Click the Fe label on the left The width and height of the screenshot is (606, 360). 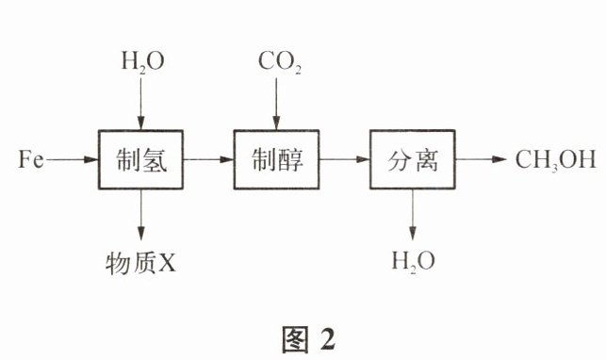point(31,159)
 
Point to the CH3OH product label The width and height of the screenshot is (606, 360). point(556,159)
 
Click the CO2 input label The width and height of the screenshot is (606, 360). point(279,62)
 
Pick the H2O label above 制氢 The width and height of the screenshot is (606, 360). point(142,62)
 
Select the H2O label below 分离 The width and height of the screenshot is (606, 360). point(413,261)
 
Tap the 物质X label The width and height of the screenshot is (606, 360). point(140,263)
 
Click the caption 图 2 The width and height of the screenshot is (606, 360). point(308,339)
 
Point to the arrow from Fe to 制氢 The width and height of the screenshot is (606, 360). point(72,159)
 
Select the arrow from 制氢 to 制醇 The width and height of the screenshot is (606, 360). point(208,159)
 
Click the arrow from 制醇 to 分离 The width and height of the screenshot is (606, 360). point(344,159)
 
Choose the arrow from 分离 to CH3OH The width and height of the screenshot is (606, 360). point(481,159)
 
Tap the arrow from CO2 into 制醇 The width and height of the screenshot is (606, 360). point(276,104)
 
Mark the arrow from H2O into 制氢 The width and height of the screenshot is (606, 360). point(141,104)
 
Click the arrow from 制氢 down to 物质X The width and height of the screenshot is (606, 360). point(141,215)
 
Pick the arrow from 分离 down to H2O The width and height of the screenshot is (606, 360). point(413,215)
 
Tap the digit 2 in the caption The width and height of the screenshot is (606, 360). point(327,339)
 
